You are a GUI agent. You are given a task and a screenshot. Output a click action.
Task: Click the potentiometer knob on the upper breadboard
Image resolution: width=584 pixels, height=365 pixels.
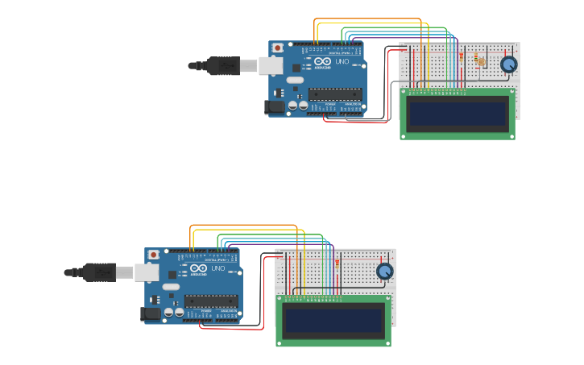pyautogui.click(x=508, y=64)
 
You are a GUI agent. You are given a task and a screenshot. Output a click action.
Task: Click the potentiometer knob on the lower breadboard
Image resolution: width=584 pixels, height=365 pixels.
pyautogui.click(x=384, y=272)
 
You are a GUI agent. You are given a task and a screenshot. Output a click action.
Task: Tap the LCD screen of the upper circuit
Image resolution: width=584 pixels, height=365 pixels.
pyautogui.click(x=458, y=114)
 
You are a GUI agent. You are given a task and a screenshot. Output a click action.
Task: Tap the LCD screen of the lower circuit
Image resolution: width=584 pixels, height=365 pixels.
pyautogui.click(x=333, y=321)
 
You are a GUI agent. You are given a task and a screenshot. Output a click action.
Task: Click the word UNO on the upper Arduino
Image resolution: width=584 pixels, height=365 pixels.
pyautogui.click(x=342, y=62)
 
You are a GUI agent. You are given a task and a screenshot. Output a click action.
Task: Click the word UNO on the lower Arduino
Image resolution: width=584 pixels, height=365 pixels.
pyautogui.click(x=217, y=268)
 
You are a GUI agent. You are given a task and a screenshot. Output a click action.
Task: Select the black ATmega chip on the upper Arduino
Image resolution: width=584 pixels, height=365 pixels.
pyautogui.click(x=334, y=94)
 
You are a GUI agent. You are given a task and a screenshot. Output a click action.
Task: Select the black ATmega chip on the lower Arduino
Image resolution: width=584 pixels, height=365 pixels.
pyautogui.click(x=210, y=301)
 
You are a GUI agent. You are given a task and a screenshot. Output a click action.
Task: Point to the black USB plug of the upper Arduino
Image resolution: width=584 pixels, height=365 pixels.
pyautogui.click(x=222, y=65)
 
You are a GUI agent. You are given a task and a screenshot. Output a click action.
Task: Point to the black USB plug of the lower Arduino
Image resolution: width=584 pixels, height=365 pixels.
pyautogui.click(x=97, y=272)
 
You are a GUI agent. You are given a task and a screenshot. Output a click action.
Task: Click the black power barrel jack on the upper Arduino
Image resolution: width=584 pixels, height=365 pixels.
pyautogui.click(x=275, y=106)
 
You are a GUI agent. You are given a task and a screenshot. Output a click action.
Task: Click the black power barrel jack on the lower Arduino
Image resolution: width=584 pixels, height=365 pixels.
pyautogui.click(x=151, y=313)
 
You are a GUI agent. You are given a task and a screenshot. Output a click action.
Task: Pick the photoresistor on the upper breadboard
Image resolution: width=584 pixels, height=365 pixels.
pyautogui.click(x=481, y=60)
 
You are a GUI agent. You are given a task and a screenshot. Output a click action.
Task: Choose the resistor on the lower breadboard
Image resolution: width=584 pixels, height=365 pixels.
pyautogui.click(x=337, y=263)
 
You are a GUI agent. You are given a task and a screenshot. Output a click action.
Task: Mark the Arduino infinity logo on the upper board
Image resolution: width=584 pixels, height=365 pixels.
pyautogui.click(x=322, y=62)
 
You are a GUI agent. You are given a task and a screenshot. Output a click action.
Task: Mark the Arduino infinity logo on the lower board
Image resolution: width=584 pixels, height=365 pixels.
pyautogui.click(x=198, y=268)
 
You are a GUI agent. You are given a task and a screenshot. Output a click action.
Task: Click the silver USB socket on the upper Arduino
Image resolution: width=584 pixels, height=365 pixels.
pyautogui.click(x=270, y=65)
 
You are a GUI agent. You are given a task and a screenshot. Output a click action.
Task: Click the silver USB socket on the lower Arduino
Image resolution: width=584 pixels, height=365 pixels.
pyautogui.click(x=146, y=272)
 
